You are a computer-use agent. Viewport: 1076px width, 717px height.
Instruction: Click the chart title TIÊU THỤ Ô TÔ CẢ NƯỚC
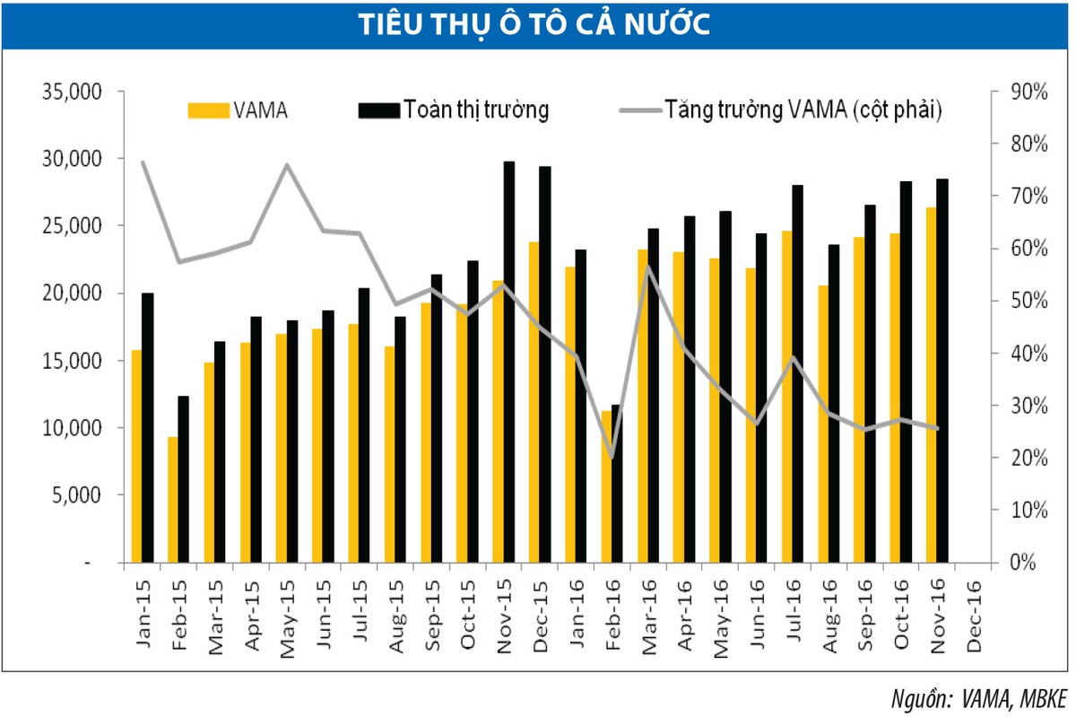click(x=535, y=24)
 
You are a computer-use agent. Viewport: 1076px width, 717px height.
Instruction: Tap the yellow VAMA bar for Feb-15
click(x=172, y=500)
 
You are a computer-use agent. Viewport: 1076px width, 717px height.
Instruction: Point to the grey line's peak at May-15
click(x=286, y=165)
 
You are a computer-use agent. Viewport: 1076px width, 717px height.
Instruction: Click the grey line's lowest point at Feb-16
click(x=612, y=458)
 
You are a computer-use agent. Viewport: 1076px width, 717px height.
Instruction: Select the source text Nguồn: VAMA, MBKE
click(x=979, y=698)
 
